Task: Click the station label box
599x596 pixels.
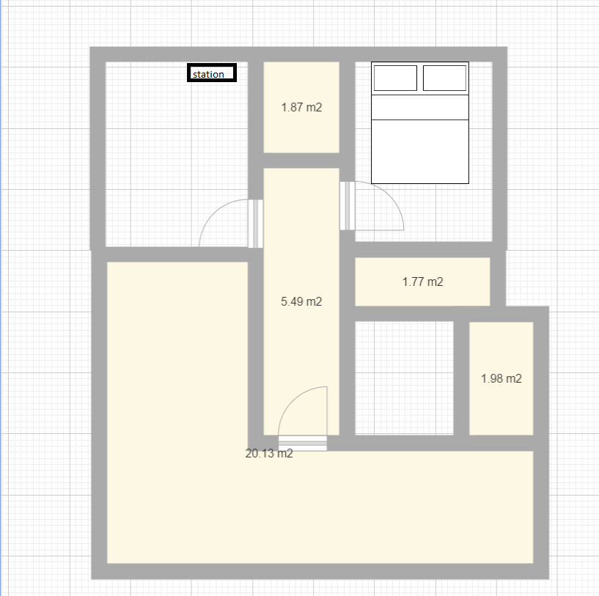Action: [212, 73]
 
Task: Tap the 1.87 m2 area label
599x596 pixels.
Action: [301, 107]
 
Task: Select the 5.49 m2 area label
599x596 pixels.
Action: [301, 301]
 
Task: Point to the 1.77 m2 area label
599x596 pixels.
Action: [422, 282]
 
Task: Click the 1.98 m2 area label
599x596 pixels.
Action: [501, 378]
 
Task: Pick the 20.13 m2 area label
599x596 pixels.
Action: [269, 454]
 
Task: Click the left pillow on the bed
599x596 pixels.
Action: [395, 78]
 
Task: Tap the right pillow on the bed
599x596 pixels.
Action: [444, 78]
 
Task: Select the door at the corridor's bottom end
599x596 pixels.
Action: [303, 444]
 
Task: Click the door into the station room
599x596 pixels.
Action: [256, 224]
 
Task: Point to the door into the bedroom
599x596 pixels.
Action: [348, 206]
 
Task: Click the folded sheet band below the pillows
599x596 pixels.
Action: [420, 107]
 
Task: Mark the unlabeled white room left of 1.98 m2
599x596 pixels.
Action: [404, 378]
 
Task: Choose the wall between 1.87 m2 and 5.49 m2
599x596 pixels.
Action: [301, 161]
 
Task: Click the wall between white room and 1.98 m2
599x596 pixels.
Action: [461, 378]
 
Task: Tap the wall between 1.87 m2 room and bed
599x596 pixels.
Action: [348, 114]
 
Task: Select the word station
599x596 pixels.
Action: [208, 74]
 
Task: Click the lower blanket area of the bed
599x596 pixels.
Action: [420, 152]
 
